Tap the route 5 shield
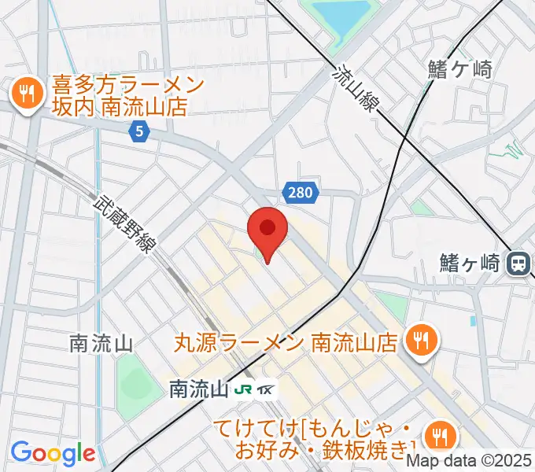coord(139,132)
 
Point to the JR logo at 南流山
coord(245,389)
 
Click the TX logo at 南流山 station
coord(267,389)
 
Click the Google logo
coord(53,452)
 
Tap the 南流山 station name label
coord(199,389)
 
